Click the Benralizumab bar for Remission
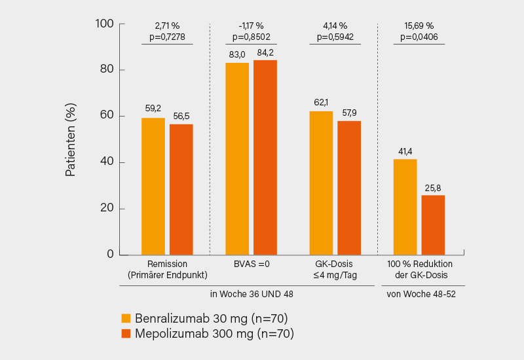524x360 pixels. tap(153, 187)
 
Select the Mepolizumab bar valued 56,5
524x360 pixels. tap(181, 189)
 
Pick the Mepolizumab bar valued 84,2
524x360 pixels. tap(265, 157)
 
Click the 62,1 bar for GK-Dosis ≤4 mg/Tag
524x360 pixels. tap(321, 183)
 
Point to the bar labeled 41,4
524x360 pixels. tap(405, 207)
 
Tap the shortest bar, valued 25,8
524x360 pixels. tap(433, 225)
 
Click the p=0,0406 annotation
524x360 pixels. tap(419, 37)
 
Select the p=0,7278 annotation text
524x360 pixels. tap(168, 37)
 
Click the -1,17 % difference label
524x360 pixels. tap(252, 26)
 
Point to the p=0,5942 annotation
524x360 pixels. tap(335, 37)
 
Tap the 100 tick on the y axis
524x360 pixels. tap(105, 24)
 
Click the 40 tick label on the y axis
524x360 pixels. tap(107, 162)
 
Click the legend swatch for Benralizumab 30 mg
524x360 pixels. tap(126, 318)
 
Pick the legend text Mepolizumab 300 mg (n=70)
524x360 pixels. tap(214, 334)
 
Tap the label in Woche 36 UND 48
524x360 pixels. tap(252, 294)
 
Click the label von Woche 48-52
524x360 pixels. tap(421, 294)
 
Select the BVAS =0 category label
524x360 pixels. tap(252, 264)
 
